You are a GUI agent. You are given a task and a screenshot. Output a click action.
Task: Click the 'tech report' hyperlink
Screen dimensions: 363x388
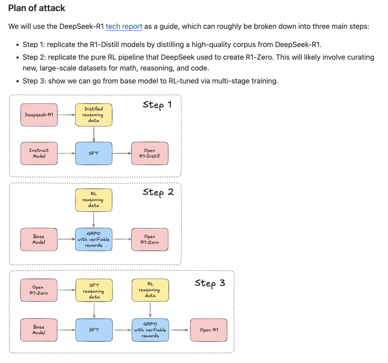124,26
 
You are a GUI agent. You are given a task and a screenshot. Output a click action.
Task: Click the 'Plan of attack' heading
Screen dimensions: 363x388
37,8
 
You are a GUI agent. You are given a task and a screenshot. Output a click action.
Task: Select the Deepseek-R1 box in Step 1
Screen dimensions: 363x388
39,115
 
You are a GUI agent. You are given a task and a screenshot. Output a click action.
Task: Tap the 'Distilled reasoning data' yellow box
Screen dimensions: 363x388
93,115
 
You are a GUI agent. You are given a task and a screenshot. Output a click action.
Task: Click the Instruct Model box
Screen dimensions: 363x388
39,153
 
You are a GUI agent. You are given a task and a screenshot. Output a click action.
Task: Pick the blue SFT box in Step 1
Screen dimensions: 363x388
93,153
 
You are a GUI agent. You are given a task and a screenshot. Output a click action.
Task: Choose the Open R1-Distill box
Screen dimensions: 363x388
149,153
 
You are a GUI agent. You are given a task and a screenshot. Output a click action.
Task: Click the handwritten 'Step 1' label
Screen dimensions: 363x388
157,105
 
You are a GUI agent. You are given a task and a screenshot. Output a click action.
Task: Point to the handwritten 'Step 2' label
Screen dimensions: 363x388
158,192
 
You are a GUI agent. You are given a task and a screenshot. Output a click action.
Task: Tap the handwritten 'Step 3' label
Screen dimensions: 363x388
210,283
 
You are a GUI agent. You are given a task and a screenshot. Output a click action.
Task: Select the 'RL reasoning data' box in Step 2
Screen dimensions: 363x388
93,200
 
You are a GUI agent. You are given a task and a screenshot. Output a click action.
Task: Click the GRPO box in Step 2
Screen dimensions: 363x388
93,239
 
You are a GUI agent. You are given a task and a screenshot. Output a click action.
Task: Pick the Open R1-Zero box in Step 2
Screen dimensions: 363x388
149,239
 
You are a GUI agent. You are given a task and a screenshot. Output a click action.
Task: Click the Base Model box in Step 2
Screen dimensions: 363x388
39,239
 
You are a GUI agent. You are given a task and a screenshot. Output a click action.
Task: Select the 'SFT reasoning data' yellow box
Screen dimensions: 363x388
94,291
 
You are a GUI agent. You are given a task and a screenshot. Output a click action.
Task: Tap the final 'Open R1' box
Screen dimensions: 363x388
209,330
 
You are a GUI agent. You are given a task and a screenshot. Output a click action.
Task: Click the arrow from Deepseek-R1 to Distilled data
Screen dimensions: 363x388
66,115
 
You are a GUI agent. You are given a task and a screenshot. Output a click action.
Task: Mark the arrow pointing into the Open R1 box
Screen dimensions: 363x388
179,330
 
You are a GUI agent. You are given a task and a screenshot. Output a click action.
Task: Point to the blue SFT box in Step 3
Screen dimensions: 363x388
94,330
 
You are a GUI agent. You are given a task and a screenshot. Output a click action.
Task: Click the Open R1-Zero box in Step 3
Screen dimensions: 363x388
39,290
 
